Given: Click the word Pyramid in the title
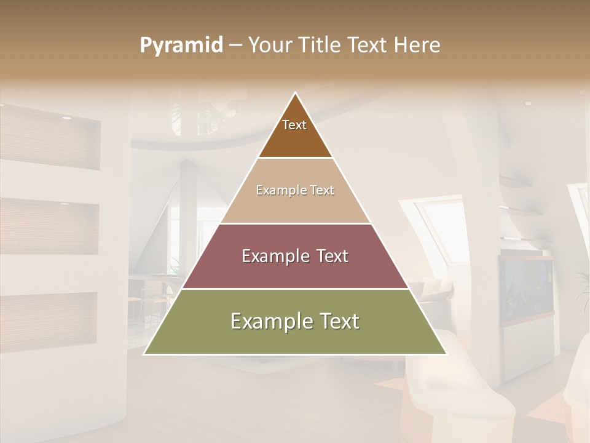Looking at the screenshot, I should (181, 46).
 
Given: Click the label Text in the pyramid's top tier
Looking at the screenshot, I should (294, 125).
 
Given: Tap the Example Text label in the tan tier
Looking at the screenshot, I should (295, 190).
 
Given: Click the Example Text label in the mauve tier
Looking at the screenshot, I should (295, 256).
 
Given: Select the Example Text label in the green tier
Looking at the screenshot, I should (295, 321).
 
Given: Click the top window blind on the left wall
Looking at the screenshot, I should (49, 138).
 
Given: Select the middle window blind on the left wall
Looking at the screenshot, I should (49, 226).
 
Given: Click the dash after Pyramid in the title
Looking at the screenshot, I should (235, 46).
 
